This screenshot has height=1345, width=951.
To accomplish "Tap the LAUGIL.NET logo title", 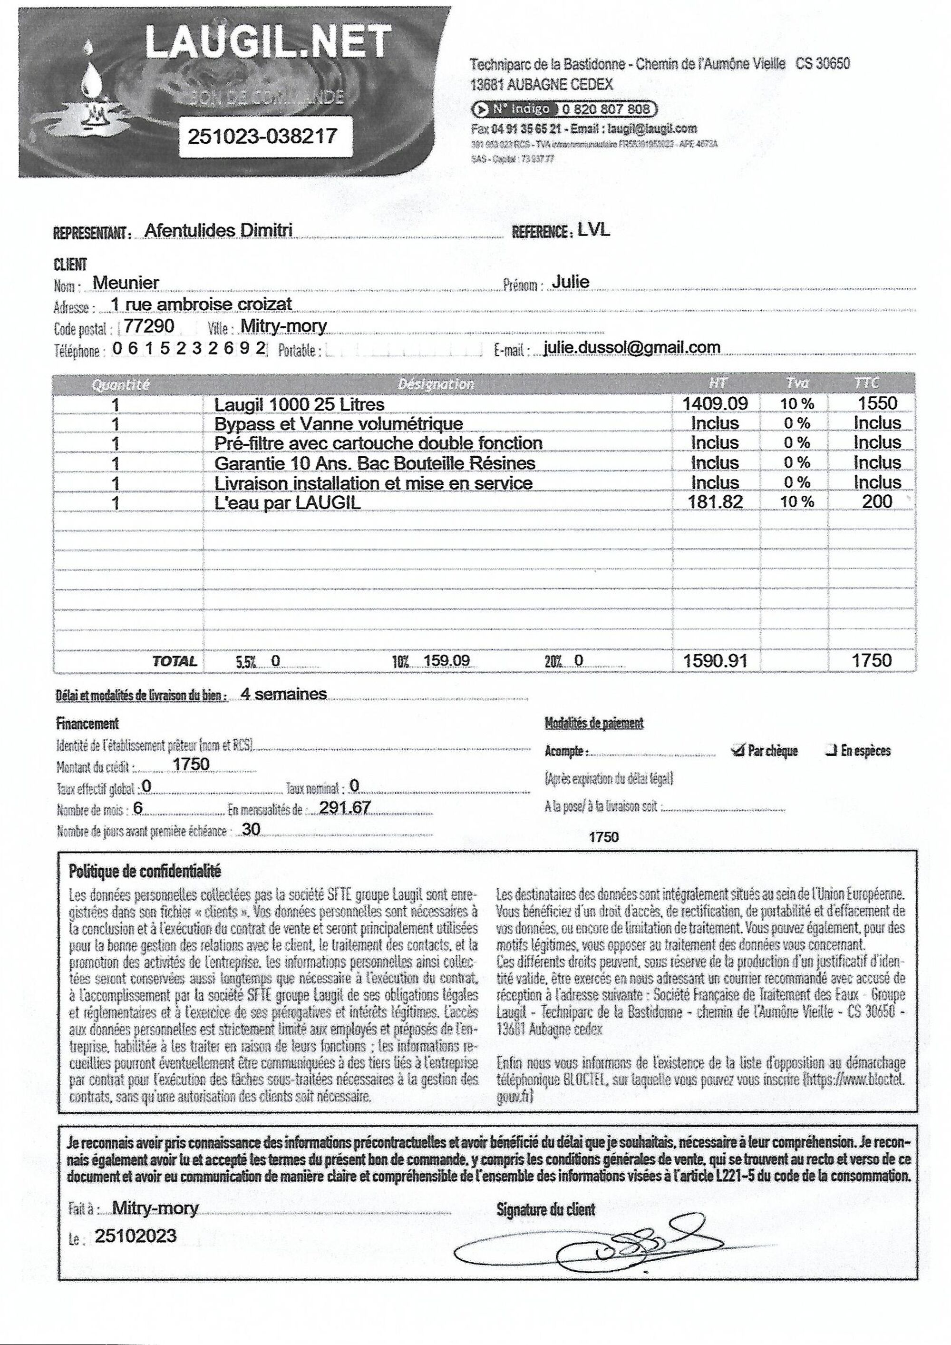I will pos(268,42).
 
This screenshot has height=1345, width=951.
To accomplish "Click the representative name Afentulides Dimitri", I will pos(218,230).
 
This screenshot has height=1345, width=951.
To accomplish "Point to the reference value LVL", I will pos(593,230).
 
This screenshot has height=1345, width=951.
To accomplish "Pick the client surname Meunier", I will pos(126,283).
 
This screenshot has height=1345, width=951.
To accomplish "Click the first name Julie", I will pos(571,282).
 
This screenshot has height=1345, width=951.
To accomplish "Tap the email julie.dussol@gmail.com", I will pos(632,347).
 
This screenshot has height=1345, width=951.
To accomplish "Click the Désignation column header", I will pos(436,384).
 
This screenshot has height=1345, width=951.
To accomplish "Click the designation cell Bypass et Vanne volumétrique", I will pos(339,423).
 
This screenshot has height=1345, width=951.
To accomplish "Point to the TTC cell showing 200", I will pos(877,501).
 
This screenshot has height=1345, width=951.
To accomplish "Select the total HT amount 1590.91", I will pos(715,661).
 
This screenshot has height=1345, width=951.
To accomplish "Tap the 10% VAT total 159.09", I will pos(446,661).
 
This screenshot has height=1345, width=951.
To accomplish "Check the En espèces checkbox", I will pos(830,750).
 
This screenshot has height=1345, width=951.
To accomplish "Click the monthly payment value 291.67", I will pos(344,808).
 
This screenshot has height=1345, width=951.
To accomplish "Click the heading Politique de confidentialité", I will pos(145,871).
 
